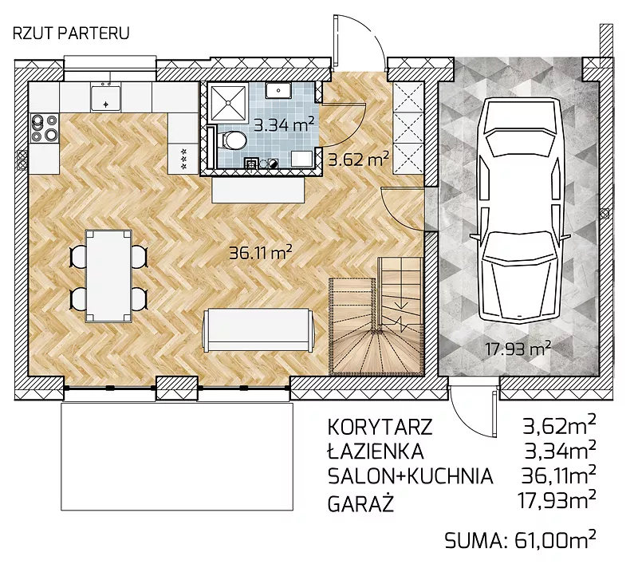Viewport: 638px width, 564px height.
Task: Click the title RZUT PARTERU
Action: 71,33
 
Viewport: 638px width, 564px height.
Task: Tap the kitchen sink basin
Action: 106,97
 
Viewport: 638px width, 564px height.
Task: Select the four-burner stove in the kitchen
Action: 45,128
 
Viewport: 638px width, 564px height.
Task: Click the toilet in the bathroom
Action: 232,140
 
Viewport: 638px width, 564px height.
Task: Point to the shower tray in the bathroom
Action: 228,102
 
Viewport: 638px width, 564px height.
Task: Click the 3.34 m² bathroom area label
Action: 284,124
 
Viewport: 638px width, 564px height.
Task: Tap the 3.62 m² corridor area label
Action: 358,159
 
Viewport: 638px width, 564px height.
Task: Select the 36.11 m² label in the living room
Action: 261,253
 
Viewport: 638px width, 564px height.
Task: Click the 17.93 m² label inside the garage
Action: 518,348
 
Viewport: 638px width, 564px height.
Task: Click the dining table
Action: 108,275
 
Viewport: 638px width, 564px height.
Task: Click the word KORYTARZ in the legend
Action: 380,427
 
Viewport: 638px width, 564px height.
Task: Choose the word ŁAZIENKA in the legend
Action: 376,451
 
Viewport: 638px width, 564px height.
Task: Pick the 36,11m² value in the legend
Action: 558,475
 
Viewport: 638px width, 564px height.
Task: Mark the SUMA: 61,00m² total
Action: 521,539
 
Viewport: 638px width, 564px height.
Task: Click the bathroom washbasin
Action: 278,90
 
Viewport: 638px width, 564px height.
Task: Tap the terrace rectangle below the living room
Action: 177,456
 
